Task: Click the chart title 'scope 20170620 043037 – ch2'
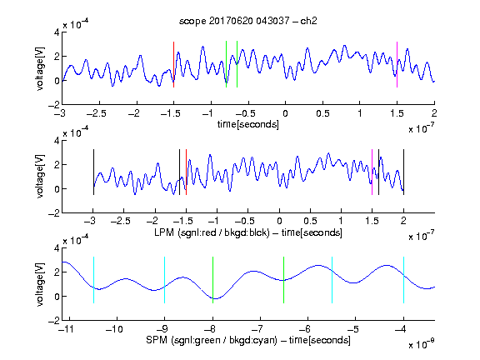[x=248, y=21]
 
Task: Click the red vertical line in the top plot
[x=173, y=65]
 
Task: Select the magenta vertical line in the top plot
[x=397, y=65]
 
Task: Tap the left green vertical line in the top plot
[x=226, y=64]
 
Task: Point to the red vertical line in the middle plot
[x=186, y=172]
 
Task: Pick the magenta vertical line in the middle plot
[x=372, y=172]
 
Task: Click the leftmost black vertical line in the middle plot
[x=93, y=172]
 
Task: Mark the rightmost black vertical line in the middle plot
[x=403, y=172]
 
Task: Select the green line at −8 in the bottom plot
[x=212, y=280]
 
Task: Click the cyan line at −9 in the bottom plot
[x=165, y=280]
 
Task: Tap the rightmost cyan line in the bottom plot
[x=403, y=280]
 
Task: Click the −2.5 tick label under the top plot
[x=97, y=113]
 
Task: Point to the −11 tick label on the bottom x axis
[x=67, y=329]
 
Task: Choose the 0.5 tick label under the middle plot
[x=310, y=221]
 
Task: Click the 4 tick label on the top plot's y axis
[x=57, y=32]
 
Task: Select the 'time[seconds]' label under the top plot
[x=248, y=124]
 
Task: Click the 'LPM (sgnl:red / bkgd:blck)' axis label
[x=212, y=232]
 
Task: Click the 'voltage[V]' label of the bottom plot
[x=40, y=284]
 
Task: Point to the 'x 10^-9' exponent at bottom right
[x=422, y=343]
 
